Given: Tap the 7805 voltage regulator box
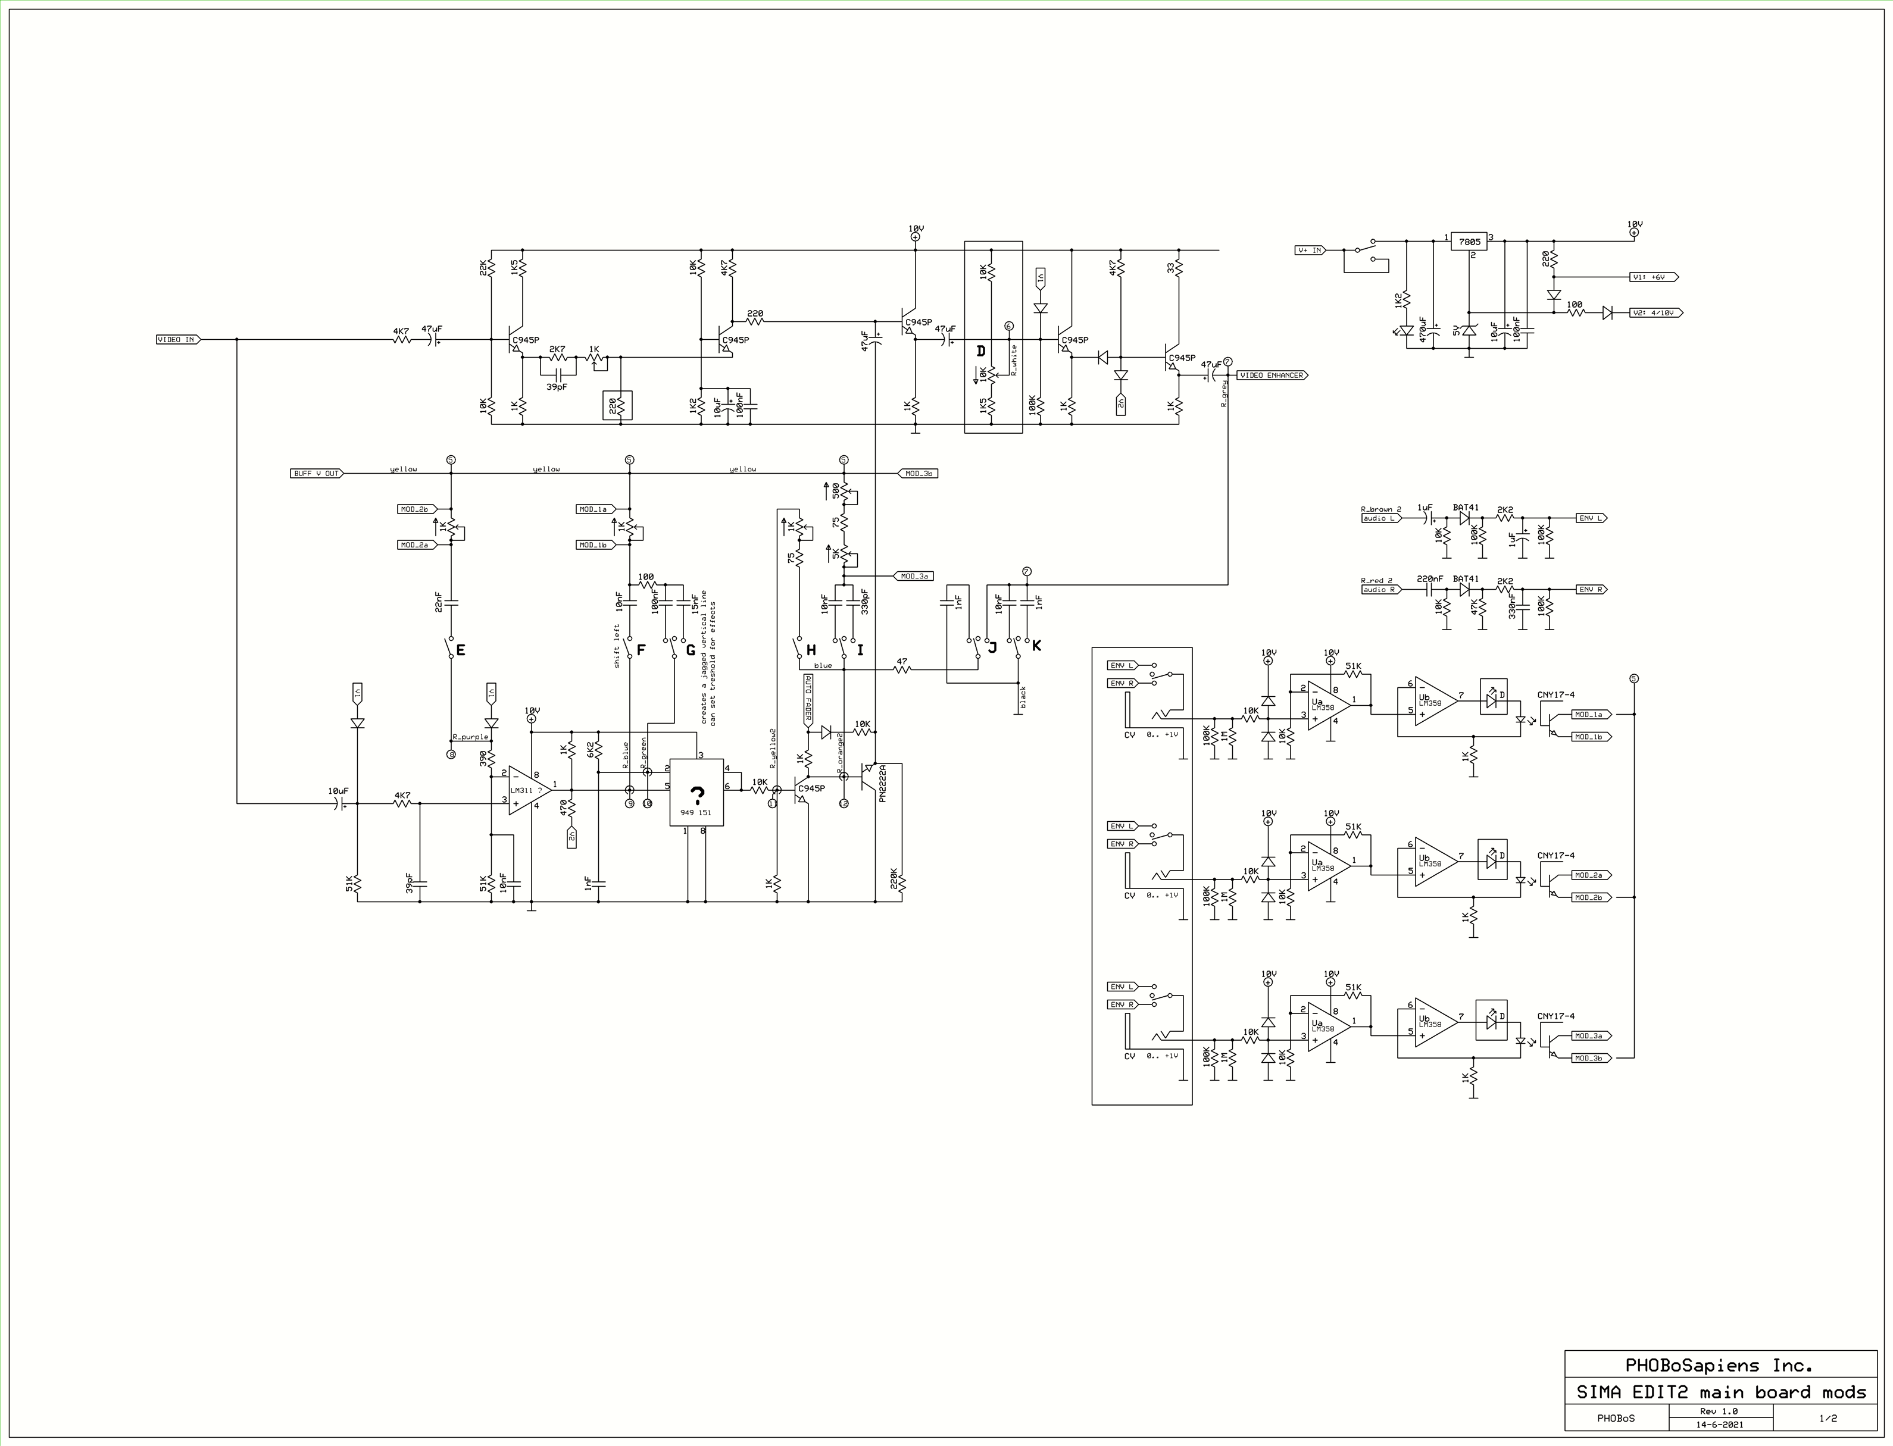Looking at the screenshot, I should (x=1470, y=242).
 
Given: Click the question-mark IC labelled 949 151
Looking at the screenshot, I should (x=696, y=793).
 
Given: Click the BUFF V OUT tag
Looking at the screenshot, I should (x=316, y=474).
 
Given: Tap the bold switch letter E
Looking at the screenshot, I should (x=461, y=651).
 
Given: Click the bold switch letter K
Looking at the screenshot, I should (x=1036, y=646).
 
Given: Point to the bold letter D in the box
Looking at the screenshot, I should (x=980, y=351).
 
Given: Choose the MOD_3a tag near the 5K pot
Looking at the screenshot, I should (x=914, y=576).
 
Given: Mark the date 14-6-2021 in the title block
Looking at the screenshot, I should (x=1719, y=1425).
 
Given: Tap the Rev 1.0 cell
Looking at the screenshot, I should (x=1719, y=1411).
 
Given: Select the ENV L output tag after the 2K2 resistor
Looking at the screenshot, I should (x=1590, y=518).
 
